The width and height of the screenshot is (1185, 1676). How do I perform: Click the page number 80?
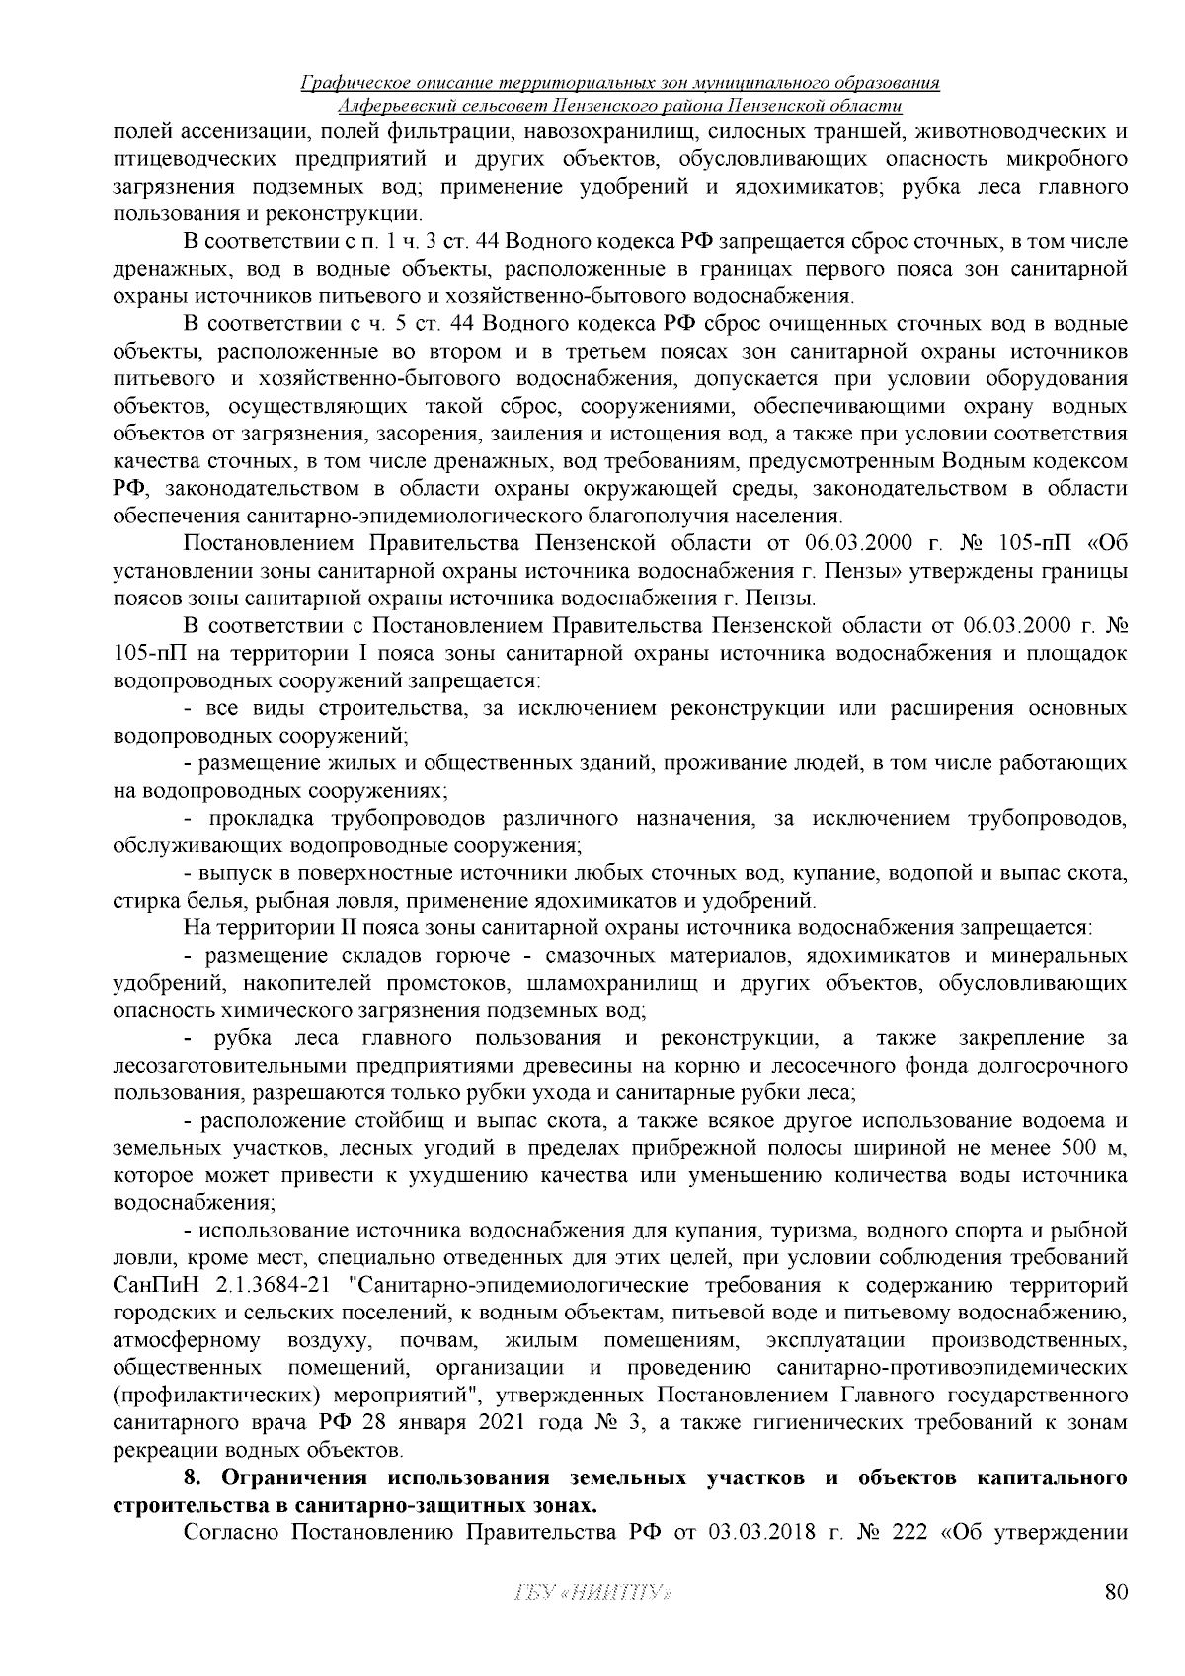[x=1116, y=1620]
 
